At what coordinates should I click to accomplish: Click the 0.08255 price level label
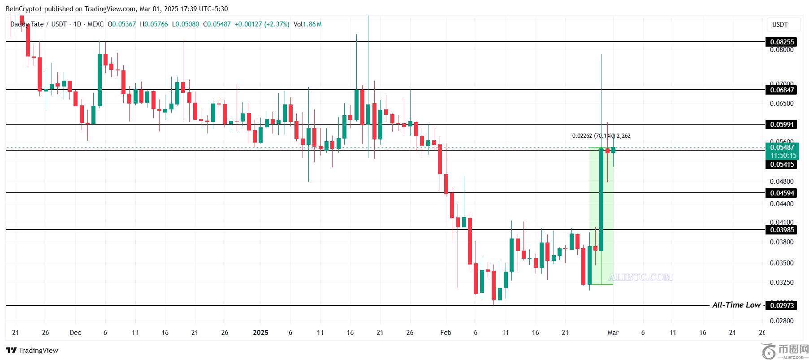782,42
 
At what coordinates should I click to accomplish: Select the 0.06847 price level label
782,90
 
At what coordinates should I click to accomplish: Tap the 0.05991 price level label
782,125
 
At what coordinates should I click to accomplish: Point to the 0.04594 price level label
782,193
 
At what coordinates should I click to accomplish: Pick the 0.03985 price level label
782,230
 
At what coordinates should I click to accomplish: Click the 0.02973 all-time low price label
782,306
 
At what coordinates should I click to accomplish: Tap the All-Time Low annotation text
736,305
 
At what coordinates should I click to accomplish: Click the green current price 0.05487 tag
782,147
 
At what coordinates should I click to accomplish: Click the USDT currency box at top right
780,25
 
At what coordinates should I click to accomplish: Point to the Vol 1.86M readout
307,24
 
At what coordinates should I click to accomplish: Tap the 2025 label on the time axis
260,333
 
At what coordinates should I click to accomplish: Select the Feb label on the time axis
446,333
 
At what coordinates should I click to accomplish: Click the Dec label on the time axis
75,333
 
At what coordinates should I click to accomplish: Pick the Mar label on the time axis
613,333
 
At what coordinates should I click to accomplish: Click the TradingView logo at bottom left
32,351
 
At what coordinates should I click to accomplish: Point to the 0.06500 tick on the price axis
782,104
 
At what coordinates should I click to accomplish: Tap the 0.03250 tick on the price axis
782,282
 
